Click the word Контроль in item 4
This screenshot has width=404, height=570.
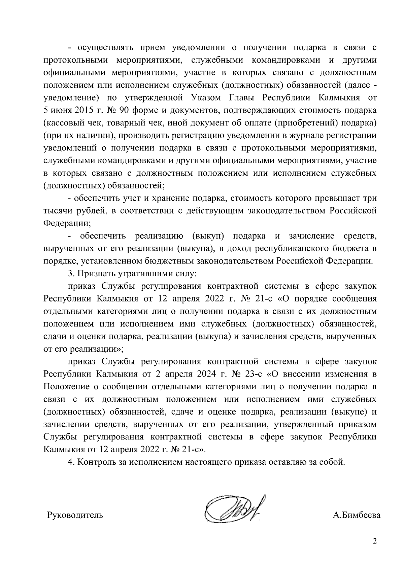[96, 462]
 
